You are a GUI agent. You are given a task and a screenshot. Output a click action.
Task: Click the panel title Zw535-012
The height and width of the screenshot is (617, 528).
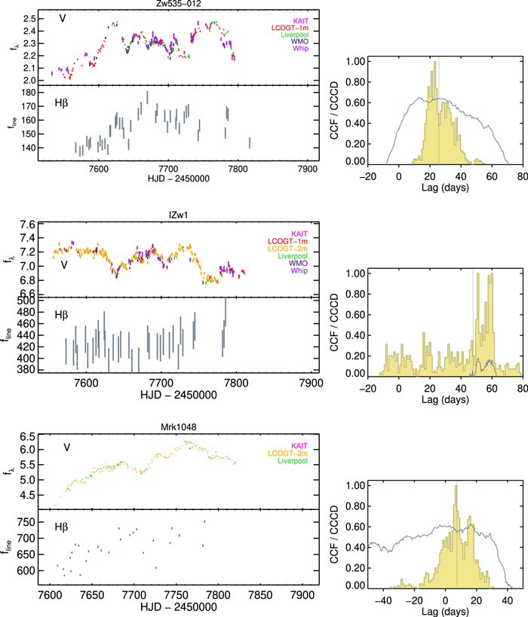[x=179, y=4]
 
